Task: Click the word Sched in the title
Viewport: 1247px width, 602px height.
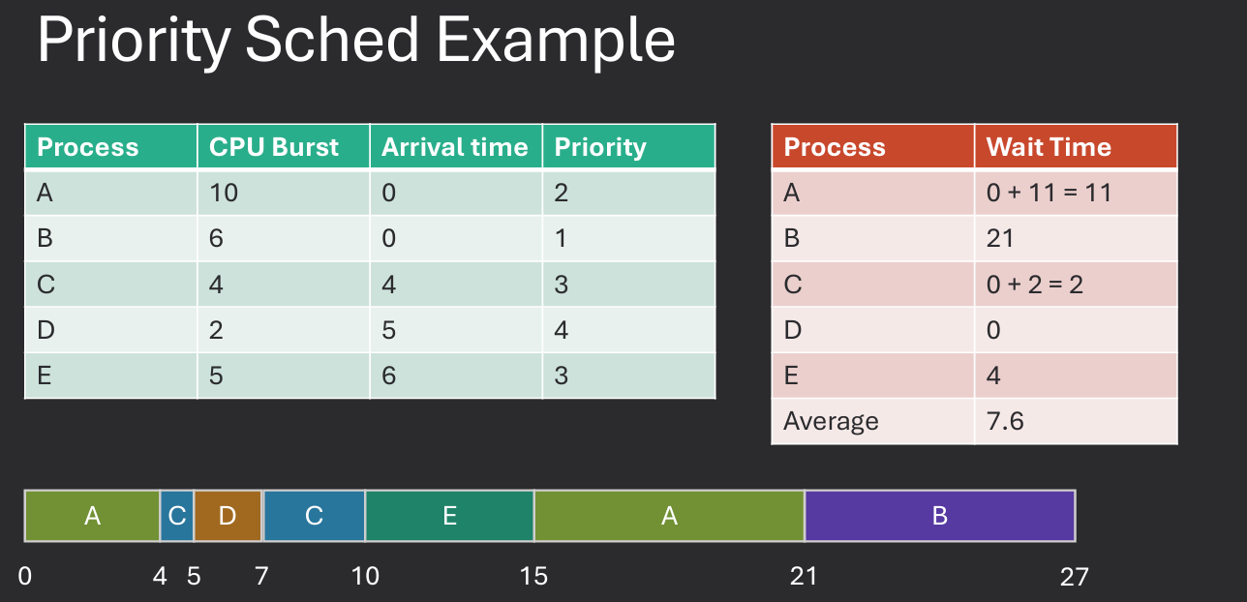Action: [x=330, y=41]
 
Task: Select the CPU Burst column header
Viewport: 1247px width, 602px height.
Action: [x=274, y=147]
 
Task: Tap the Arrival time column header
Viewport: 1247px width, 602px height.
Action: [x=454, y=147]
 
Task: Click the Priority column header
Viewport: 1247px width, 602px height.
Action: [x=600, y=147]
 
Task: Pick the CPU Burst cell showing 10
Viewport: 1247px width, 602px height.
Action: [x=224, y=193]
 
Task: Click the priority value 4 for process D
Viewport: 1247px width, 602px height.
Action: [x=562, y=330]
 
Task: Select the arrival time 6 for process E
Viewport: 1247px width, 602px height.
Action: [x=388, y=376]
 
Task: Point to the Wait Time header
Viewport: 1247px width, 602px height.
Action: [x=1049, y=147]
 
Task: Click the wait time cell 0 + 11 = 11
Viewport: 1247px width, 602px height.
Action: [x=1049, y=193]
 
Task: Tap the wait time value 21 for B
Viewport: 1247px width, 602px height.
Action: [x=1000, y=238]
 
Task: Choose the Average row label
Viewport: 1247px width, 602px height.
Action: [x=831, y=421]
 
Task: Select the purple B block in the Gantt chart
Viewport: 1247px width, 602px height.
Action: [x=939, y=516]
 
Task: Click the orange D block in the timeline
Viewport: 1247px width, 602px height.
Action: [x=228, y=516]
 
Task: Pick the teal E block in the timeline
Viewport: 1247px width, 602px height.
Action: [x=449, y=516]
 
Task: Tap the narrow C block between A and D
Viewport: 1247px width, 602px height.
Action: [x=176, y=516]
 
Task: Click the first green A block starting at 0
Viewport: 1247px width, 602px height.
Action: [x=92, y=516]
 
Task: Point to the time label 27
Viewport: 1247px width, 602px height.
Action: [x=1074, y=577]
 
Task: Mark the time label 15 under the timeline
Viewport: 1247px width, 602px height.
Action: [x=533, y=577]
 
